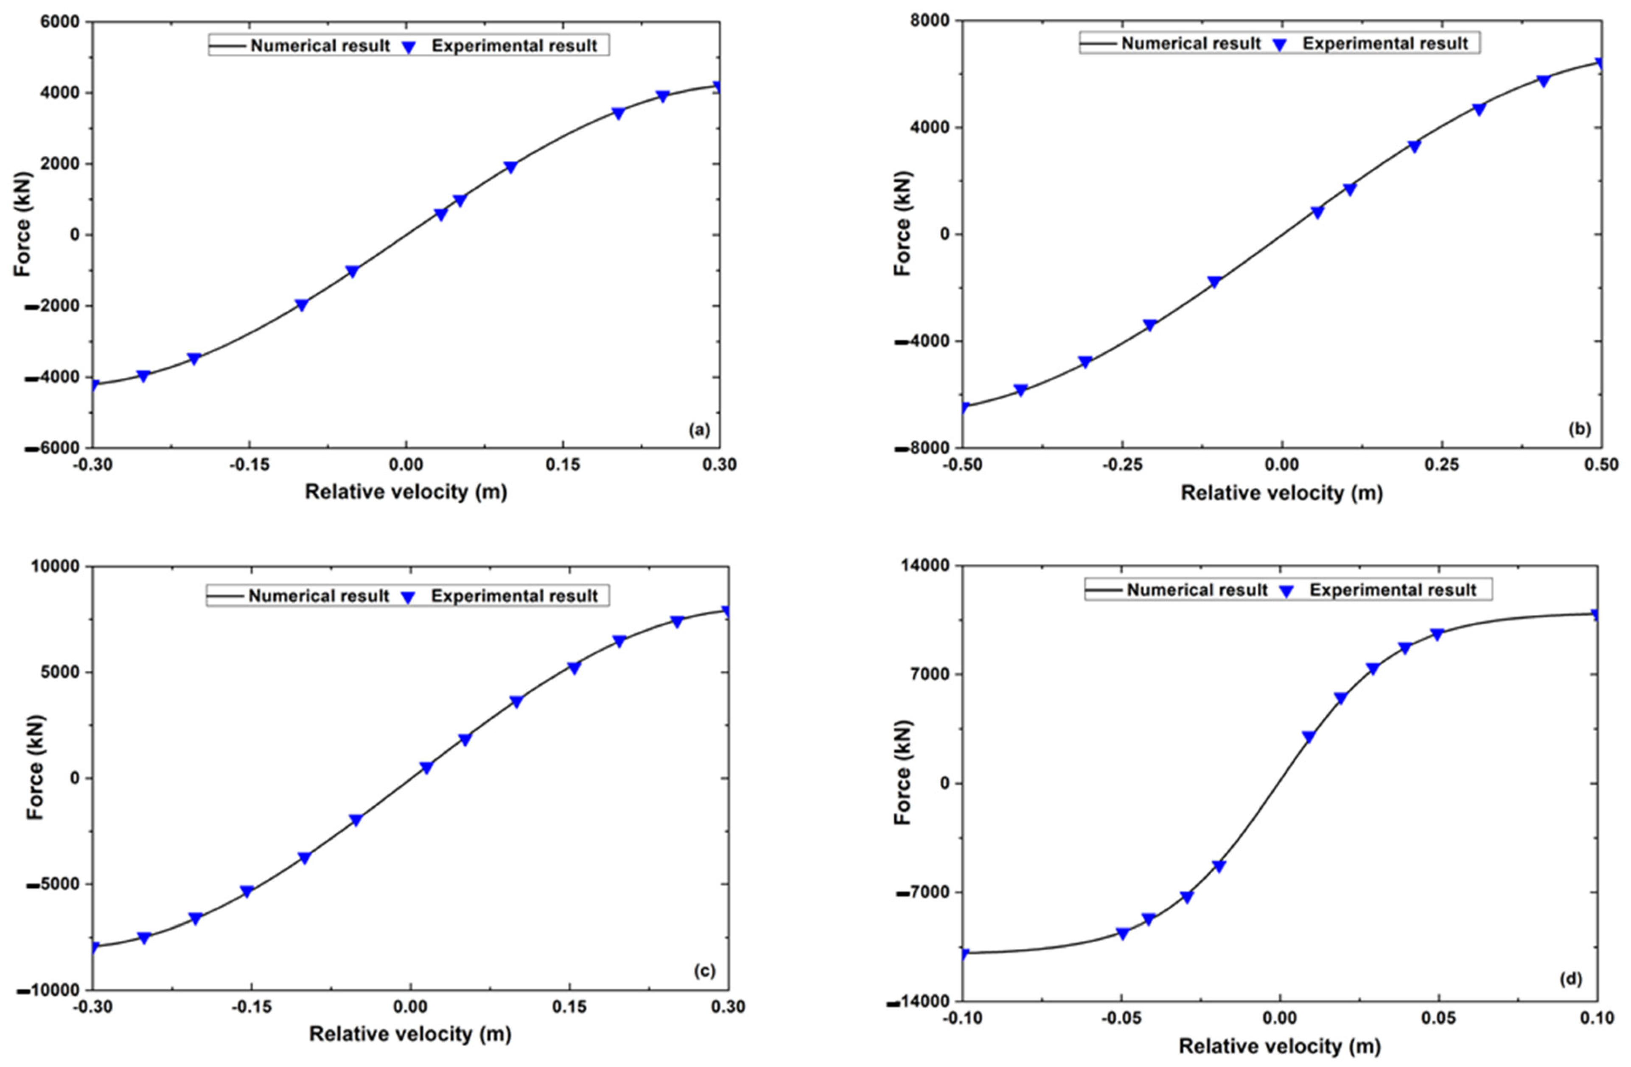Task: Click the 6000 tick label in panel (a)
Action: pyautogui.click(x=60, y=22)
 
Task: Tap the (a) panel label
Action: pyautogui.click(x=698, y=430)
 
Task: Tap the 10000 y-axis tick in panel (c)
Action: pyautogui.click(x=56, y=566)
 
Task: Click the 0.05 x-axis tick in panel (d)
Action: pyautogui.click(x=1439, y=1019)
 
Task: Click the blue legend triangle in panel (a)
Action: pyautogui.click(x=409, y=47)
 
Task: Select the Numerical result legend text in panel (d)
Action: pyautogui.click(x=1197, y=590)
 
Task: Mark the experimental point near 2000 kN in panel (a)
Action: pyautogui.click(x=510, y=167)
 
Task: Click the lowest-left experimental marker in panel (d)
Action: pyautogui.click(x=964, y=953)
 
